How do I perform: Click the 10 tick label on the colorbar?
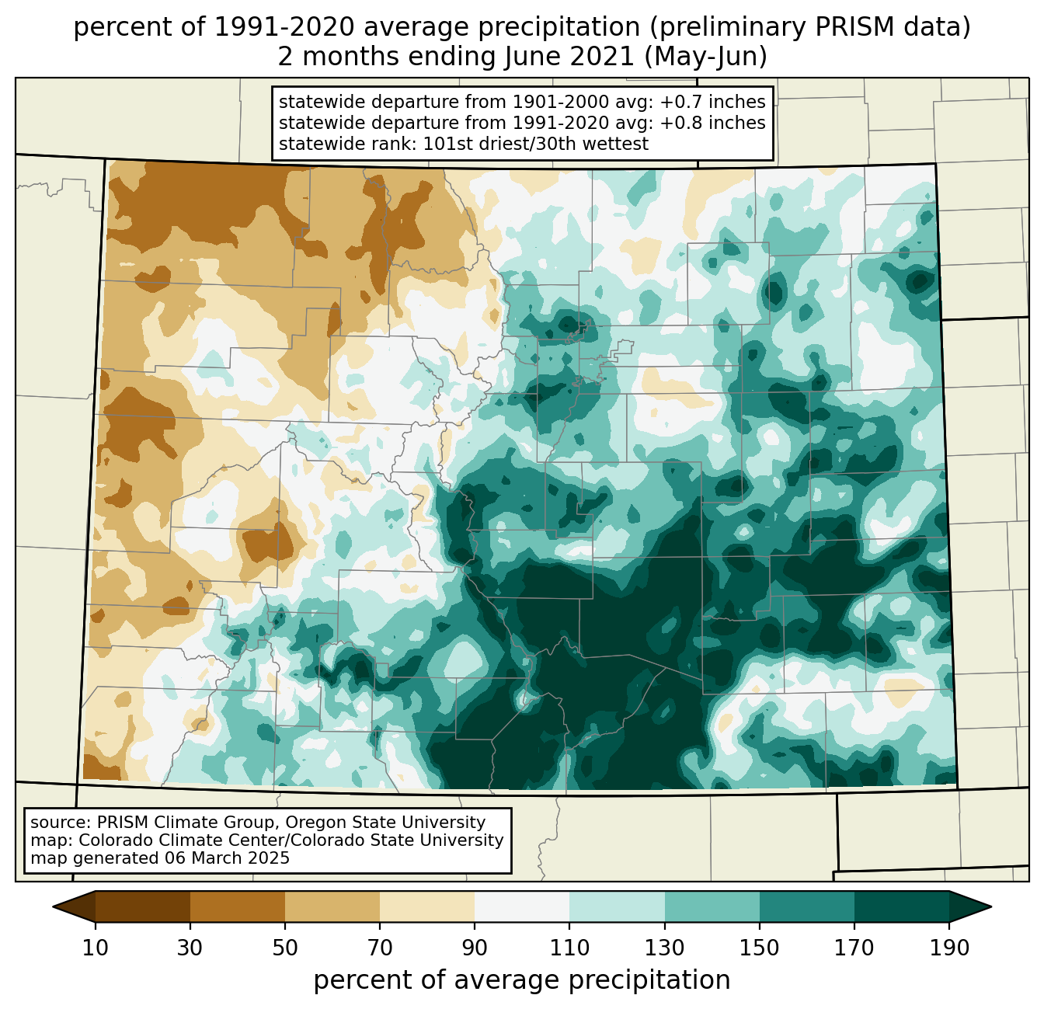(x=96, y=948)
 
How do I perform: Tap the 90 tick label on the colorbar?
(x=475, y=948)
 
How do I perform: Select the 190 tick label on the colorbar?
(x=949, y=948)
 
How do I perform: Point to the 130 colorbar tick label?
(x=664, y=948)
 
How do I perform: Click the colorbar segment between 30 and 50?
(x=238, y=906)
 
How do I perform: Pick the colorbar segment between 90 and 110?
(x=522, y=906)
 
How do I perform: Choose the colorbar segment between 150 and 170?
(x=807, y=906)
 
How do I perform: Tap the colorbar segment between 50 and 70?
(x=332, y=906)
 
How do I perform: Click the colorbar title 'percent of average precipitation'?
(x=522, y=980)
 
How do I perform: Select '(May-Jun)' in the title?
(x=706, y=57)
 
